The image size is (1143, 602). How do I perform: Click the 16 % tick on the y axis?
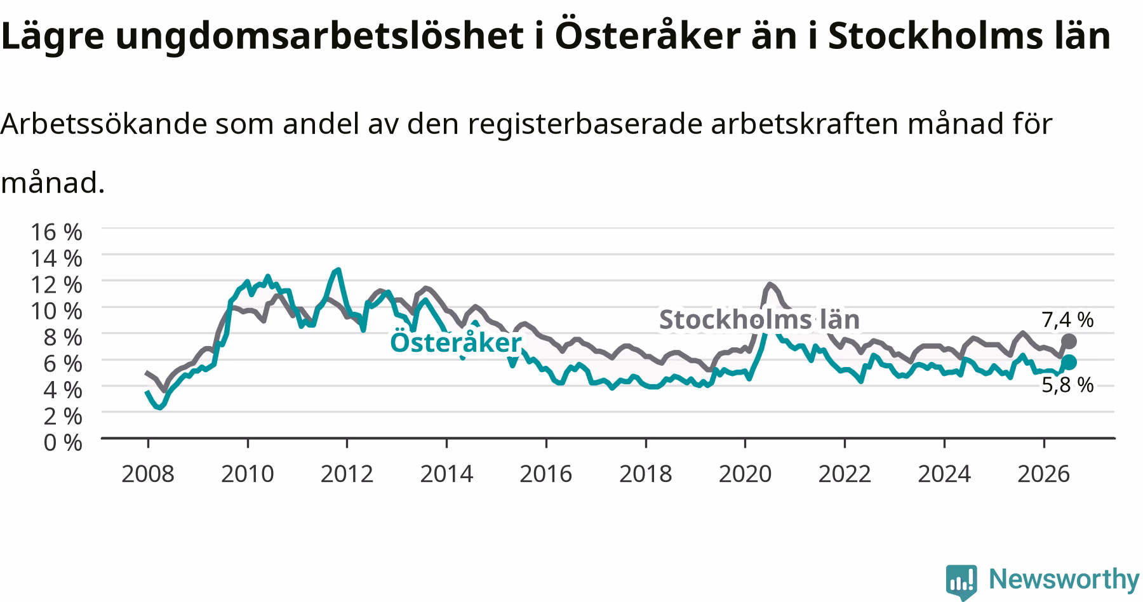coord(57,232)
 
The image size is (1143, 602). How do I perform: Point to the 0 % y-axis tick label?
coord(63,442)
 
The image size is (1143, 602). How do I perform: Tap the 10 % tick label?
coord(57,311)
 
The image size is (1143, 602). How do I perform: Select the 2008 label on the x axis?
coord(147,474)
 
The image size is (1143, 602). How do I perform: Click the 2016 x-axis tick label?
coord(545,474)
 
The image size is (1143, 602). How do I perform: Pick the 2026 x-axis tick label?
coord(1043,474)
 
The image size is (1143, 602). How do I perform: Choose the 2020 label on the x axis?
coord(745,474)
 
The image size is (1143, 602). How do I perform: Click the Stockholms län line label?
coord(759,319)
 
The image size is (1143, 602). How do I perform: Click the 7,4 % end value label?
coord(1067,320)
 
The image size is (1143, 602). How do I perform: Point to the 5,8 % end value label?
coord(1067,385)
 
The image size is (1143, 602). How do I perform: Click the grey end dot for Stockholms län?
coord(1069,341)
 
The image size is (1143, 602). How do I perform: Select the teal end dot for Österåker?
coord(1069,362)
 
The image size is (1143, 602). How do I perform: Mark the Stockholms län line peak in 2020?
coord(770,284)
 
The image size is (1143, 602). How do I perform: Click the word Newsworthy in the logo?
coord(1064,579)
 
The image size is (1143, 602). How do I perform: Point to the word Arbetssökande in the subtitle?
coord(104,124)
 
